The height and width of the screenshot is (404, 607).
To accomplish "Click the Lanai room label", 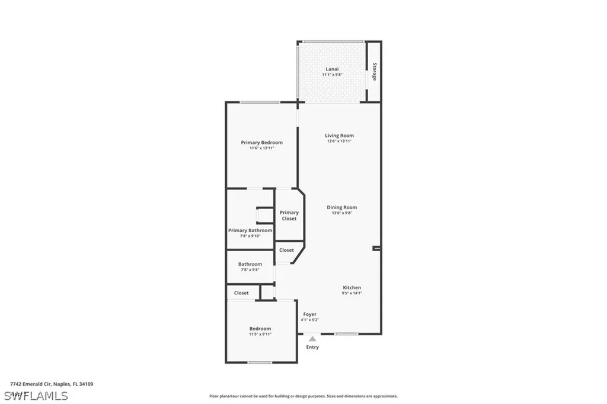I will [x=332, y=69].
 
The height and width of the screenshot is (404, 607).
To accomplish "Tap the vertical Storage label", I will [x=374, y=72].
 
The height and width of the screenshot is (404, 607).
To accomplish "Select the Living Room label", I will [x=339, y=136].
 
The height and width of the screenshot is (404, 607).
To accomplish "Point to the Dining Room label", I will [x=341, y=207].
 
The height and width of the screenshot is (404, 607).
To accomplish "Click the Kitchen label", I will [x=352, y=288].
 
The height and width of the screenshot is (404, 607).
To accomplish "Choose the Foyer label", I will [x=310, y=314].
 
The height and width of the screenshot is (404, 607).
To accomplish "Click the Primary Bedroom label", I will [x=261, y=142].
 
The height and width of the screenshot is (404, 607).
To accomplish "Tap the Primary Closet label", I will [x=289, y=216].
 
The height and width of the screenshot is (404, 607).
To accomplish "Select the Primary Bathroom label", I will [x=250, y=230].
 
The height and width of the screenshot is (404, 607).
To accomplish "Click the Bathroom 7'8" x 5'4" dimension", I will [x=250, y=270].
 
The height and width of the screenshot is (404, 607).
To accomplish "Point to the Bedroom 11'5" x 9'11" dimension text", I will [x=260, y=334].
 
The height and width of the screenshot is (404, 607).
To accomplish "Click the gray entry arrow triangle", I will [x=312, y=339].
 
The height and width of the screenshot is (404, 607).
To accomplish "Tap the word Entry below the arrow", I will [x=312, y=347].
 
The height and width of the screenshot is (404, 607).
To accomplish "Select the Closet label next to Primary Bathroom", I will [x=286, y=250].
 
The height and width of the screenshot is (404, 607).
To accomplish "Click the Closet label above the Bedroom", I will [x=241, y=293].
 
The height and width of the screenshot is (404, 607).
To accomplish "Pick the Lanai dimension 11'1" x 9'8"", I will [x=332, y=75].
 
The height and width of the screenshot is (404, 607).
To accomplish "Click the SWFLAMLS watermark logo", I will [x=36, y=395].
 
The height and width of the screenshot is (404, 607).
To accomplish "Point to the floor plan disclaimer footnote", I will [x=303, y=396].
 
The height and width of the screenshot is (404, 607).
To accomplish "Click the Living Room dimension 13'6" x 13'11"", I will [x=339, y=141].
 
